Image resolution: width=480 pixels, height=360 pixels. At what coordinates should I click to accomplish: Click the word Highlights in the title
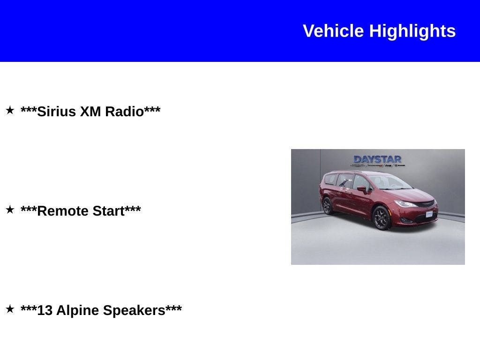pyautogui.click(x=412, y=31)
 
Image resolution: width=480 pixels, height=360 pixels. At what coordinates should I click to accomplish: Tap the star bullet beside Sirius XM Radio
pyautogui.click(x=10, y=111)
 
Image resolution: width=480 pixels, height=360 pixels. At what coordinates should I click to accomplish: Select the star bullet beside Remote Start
pyautogui.click(x=10, y=210)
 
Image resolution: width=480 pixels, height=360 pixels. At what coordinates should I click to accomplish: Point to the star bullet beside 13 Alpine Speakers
pyautogui.click(x=10, y=309)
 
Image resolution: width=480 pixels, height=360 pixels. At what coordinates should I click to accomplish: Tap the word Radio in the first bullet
pyautogui.click(x=124, y=112)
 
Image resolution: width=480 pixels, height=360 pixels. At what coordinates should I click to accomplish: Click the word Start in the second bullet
pyautogui.click(x=108, y=211)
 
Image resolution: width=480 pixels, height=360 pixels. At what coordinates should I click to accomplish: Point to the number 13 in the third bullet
pyautogui.click(x=45, y=310)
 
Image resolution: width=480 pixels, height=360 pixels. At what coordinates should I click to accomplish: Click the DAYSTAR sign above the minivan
pyautogui.click(x=377, y=159)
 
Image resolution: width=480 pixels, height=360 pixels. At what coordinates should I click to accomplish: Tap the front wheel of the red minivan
pyautogui.click(x=382, y=218)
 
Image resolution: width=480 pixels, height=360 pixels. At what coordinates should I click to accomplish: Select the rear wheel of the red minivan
pyautogui.click(x=327, y=205)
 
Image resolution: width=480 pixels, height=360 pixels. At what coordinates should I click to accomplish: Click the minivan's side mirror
pyautogui.click(x=362, y=189)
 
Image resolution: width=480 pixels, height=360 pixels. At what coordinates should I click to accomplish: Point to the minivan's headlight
pyautogui.click(x=405, y=204)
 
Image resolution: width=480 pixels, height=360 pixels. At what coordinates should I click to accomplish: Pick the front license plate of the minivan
pyautogui.click(x=429, y=214)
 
